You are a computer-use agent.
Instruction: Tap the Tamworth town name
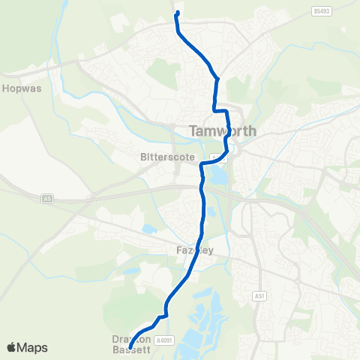point(223,130)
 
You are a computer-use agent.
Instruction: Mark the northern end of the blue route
point(177,13)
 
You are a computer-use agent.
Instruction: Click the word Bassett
point(131,349)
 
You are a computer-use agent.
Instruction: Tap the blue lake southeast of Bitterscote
point(217,176)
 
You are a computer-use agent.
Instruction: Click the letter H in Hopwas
point(7,88)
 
